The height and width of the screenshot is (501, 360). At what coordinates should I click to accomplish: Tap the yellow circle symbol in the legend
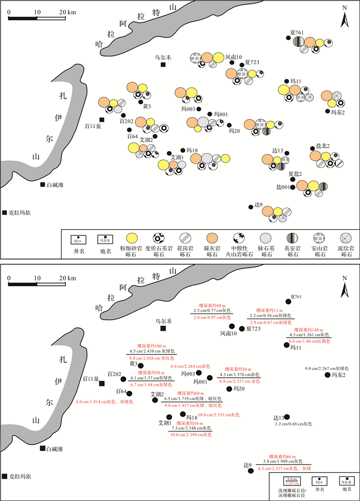(132, 238)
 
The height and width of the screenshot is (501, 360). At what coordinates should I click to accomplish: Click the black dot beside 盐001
(293, 187)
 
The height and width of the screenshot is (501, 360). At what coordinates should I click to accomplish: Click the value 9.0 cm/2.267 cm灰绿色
(327, 368)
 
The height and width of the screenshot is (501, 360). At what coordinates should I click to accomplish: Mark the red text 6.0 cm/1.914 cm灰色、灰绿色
(104, 402)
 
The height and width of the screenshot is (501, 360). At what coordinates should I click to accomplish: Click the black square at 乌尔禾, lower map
(163, 329)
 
